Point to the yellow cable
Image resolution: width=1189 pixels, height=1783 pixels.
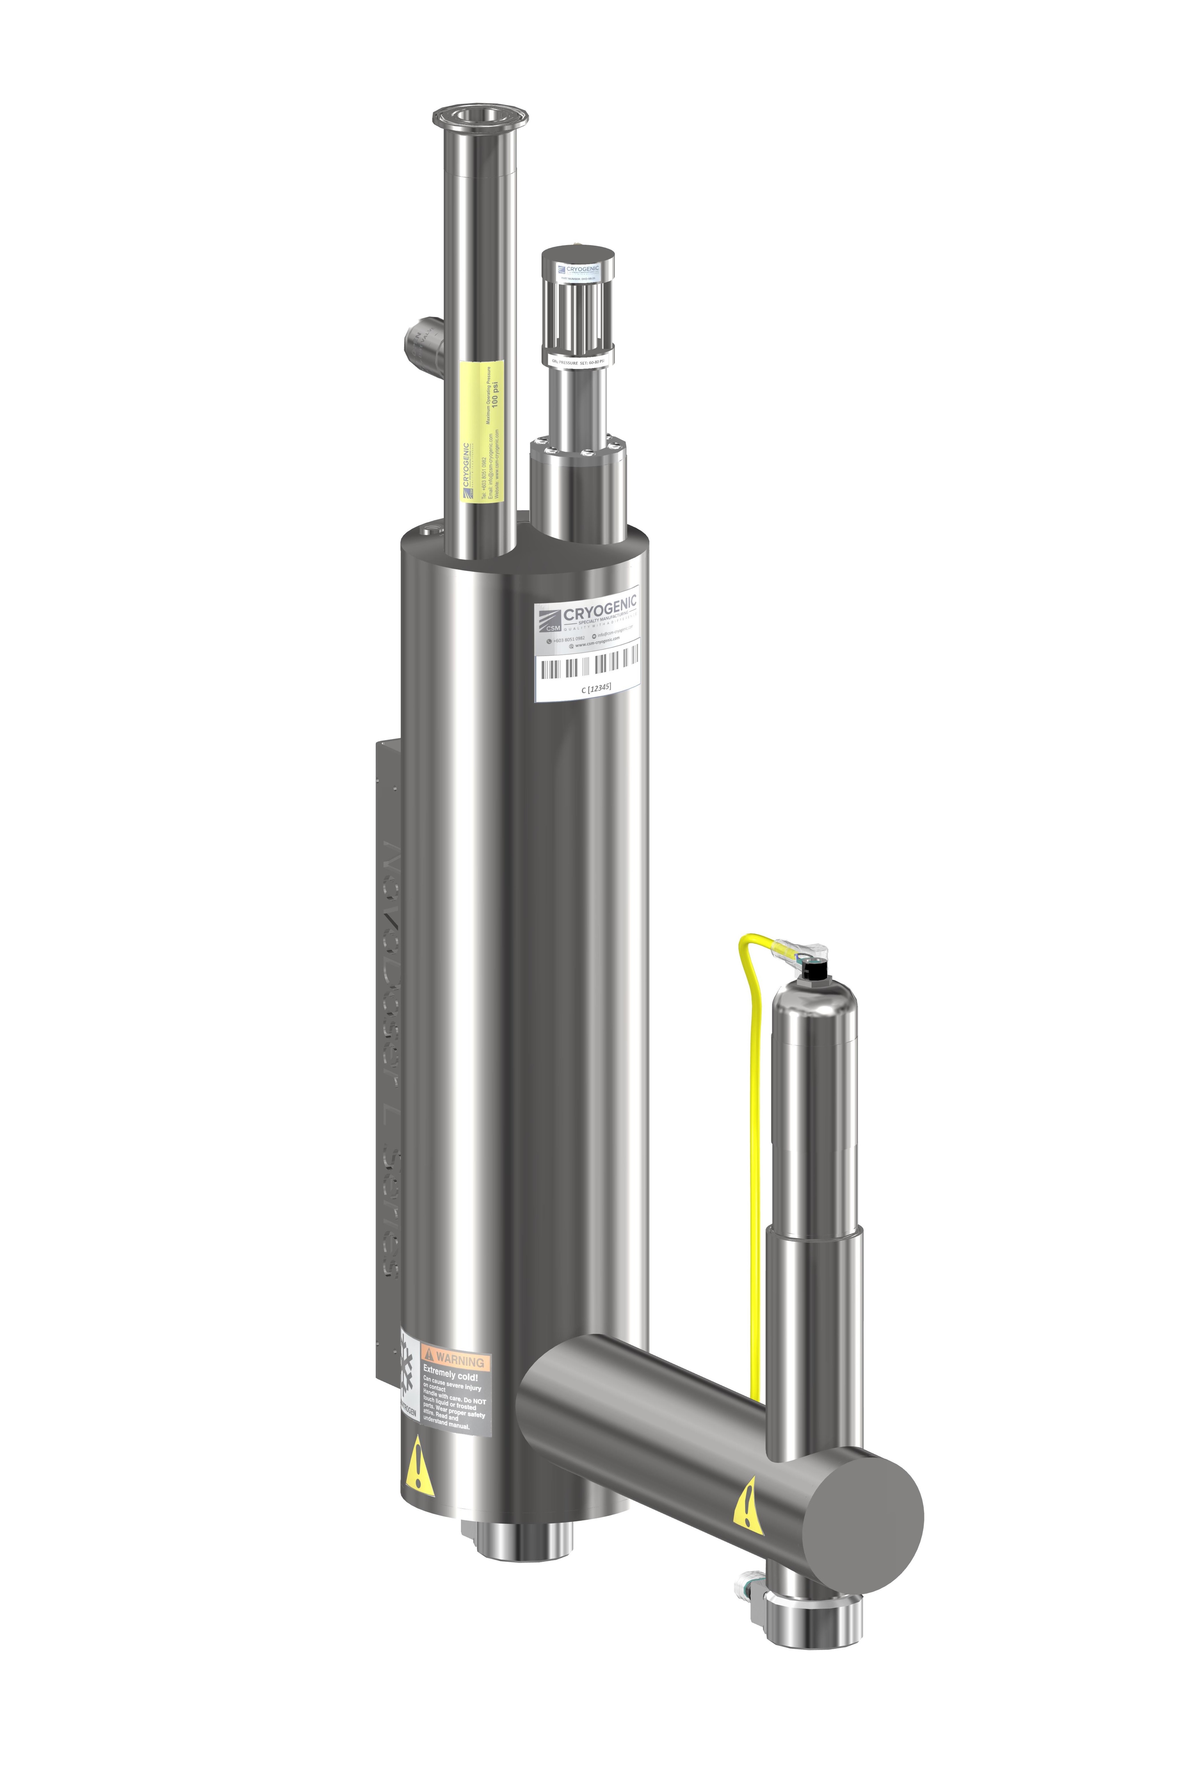click(755, 1137)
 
